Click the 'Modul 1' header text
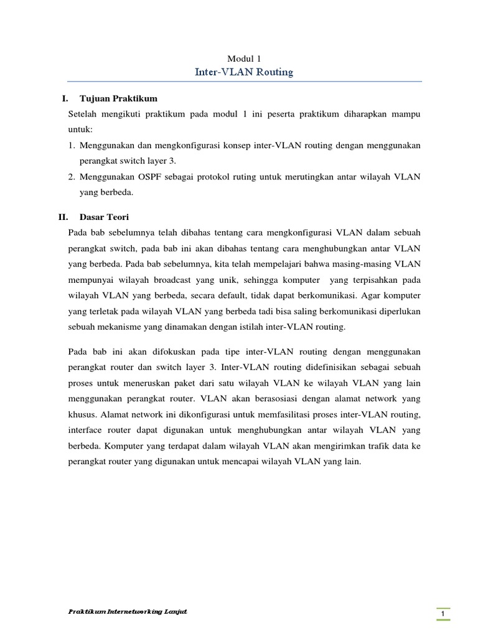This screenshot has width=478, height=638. pyautogui.click(x=244, y=59)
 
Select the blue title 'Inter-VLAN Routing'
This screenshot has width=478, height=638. pyautogui.click(x=244, y=72)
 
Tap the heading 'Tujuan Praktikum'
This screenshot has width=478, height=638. pyautogui.click(x=119, y=98)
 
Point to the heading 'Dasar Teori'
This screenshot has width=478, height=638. pyautogui.click(x=104, y=217)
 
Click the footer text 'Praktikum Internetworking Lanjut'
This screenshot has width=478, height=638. pyautogui.click(x=128, y=612)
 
